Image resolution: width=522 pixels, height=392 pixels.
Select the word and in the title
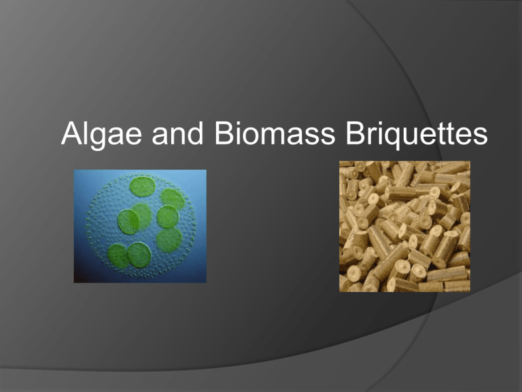[x=177, y=133]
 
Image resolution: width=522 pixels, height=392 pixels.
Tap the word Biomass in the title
[x=275, y=133]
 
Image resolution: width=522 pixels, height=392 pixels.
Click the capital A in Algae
[x=72, y=133]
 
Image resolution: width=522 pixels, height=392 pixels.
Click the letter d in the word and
[x=194, y=133]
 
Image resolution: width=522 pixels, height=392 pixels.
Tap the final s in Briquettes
[x=480, y=136]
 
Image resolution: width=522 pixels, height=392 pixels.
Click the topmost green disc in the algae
[x=143, y=186]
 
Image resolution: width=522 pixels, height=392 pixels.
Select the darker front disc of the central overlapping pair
[x=128, y=222]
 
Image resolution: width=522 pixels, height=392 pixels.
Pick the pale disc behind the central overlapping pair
[x=142, y=216]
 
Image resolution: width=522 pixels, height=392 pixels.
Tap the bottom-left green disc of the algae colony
[x=118, y=256]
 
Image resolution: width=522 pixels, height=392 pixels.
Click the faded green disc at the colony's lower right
[x=169, y=240]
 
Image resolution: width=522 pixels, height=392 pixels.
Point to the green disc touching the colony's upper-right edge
[x=173, y=199]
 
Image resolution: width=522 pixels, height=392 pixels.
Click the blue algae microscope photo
[x=140, y=226]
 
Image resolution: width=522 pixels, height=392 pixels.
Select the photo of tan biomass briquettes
[x=405, y=227]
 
